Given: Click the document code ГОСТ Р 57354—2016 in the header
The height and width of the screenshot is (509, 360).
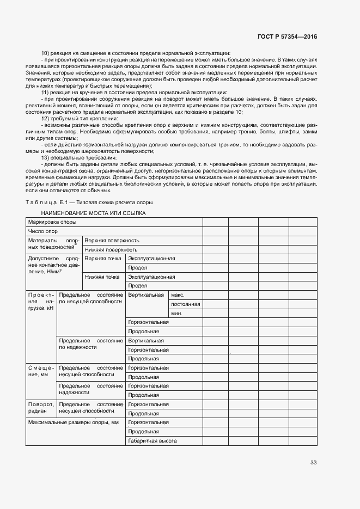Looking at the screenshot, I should pyautogui.click(x=287, y=36).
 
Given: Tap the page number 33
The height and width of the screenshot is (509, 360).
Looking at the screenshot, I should pyautogui.click(x=313, y=463).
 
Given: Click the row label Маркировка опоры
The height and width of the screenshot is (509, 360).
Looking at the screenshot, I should pyautogui.click(x=52, y=222).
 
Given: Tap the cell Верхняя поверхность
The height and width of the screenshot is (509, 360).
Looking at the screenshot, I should pyautogui.click(x=112, y=240).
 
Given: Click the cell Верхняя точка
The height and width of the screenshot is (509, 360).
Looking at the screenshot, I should pyautogui.click(x=102, y=259).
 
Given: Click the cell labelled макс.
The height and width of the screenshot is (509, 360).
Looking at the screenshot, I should pyautogui.click(x=178, y=295).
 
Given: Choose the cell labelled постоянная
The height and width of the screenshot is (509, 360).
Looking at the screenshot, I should pyautogui.click(x=185, y=304).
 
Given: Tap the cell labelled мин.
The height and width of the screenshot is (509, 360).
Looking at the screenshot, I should pyautogui.click(x=176, y=313).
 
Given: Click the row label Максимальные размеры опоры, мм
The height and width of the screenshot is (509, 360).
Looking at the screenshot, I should pyautogui.click(x=73, y=422).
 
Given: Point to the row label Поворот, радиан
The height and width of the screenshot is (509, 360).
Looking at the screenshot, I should pyautogui.click(x=41, y=408).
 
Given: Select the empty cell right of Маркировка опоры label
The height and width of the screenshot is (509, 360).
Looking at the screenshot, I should pyautogui.click(x=215, y=222).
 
